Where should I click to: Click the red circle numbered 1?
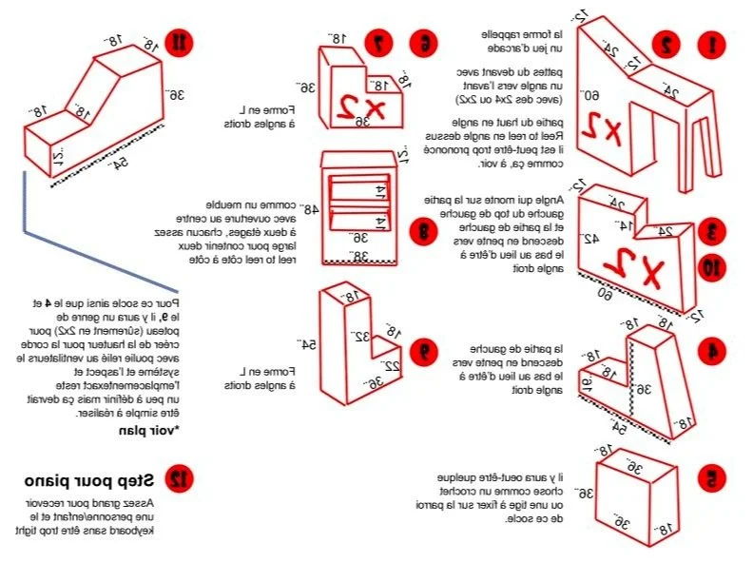(708, 43)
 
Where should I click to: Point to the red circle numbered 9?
(424, 349)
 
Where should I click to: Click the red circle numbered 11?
(178, 42)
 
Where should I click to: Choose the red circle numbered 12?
(178, 478)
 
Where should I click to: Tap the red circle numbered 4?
(709, 351)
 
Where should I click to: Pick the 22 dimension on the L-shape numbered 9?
(388, 366)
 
